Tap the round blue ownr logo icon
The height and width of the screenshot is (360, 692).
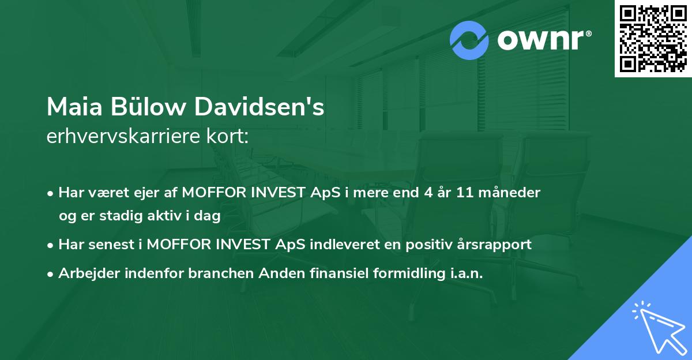tap(469, 40)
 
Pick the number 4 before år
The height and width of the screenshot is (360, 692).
tap(427, 193)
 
